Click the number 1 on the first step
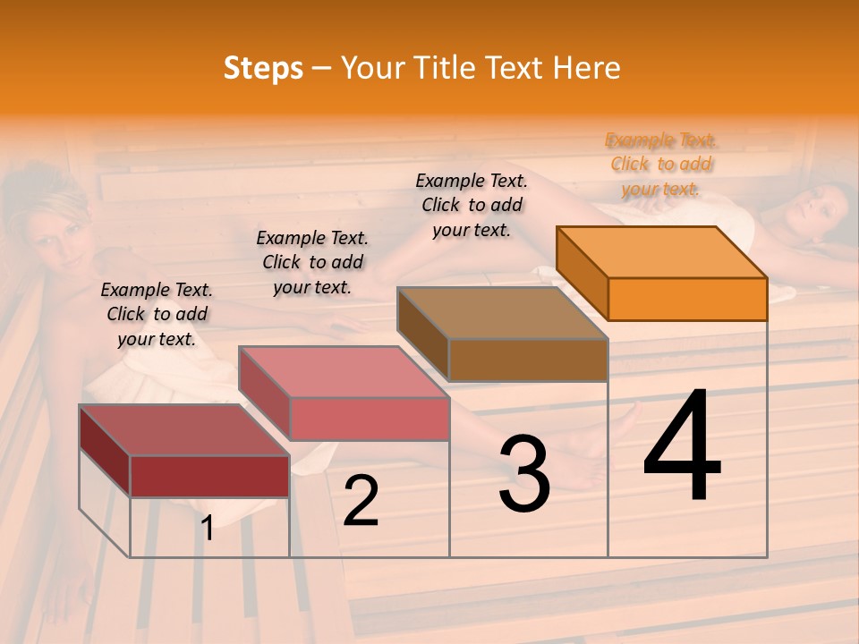click(208, 528)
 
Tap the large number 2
click(361, 501)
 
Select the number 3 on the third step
click(523, 473)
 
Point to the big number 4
click(682, 447)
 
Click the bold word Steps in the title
click(263, 68)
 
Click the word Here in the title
click(587, 68)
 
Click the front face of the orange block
click(687, 299)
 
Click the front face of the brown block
click(528, 360)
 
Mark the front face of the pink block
click(369, 419)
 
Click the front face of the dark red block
click(209, 476)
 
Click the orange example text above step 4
click(661, 164)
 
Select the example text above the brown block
click(472, 205)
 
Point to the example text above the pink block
click(312, 262)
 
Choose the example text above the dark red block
click(157, 314)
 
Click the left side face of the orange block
click(583, 273)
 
